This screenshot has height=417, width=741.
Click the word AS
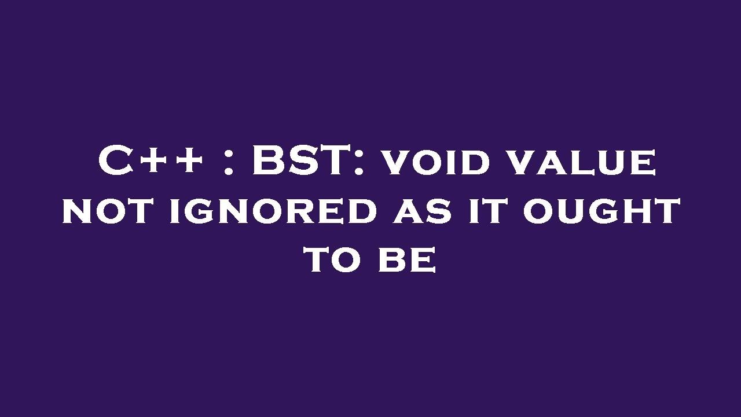point(421,211)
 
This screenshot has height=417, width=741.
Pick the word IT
point(486,211)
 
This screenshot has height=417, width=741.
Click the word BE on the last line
point(406,260)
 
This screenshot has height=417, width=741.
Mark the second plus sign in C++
point(188,162)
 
